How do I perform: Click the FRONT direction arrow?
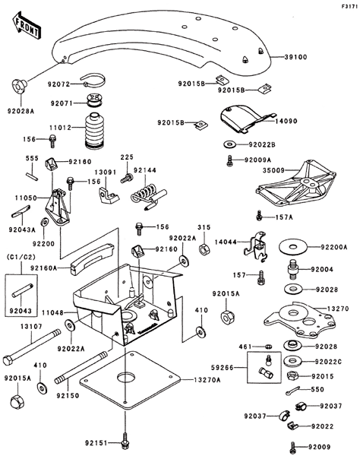pos(26,25)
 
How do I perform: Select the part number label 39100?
pos(295,57)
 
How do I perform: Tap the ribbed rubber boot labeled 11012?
pos(93,130)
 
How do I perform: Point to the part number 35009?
pos(273,170)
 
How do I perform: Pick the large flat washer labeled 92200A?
pos(293,247)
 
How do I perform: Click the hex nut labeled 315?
pos(203,249)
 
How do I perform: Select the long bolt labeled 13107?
pos(31,347)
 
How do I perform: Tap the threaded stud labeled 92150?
pos(81,368)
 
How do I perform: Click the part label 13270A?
pos(207,380)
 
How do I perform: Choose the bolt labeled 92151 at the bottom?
pos(125,442)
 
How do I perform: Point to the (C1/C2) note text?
pos(21,257)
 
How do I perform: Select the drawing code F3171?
pos(350,6)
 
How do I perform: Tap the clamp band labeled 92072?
pos(93,80)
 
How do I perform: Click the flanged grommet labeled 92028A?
pos(19,85)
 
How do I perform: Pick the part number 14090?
pos(286,121)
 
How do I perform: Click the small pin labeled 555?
pos(31,177)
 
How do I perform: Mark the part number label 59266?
pos(223,368)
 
